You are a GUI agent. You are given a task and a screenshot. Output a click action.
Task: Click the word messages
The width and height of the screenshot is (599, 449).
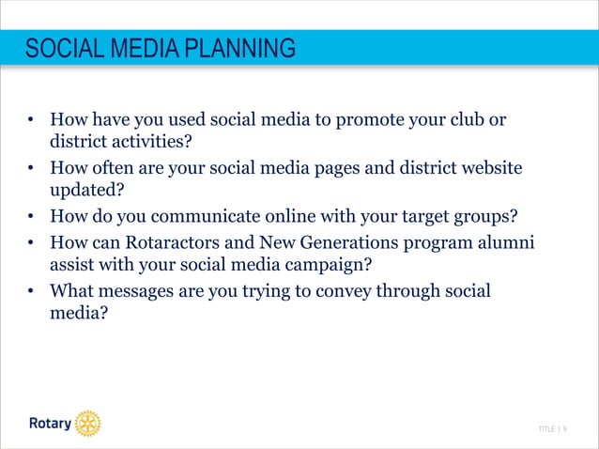point(140,290)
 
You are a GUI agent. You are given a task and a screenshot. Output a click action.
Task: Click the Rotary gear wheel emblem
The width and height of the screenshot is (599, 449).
point(87,424)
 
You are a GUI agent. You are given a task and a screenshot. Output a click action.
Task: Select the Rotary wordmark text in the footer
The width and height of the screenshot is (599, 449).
point(48,425)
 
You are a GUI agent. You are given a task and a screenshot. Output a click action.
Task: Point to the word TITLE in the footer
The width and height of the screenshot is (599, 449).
point(545,429)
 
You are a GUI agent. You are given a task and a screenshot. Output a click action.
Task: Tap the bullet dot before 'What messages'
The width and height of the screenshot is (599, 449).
point(31,291)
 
